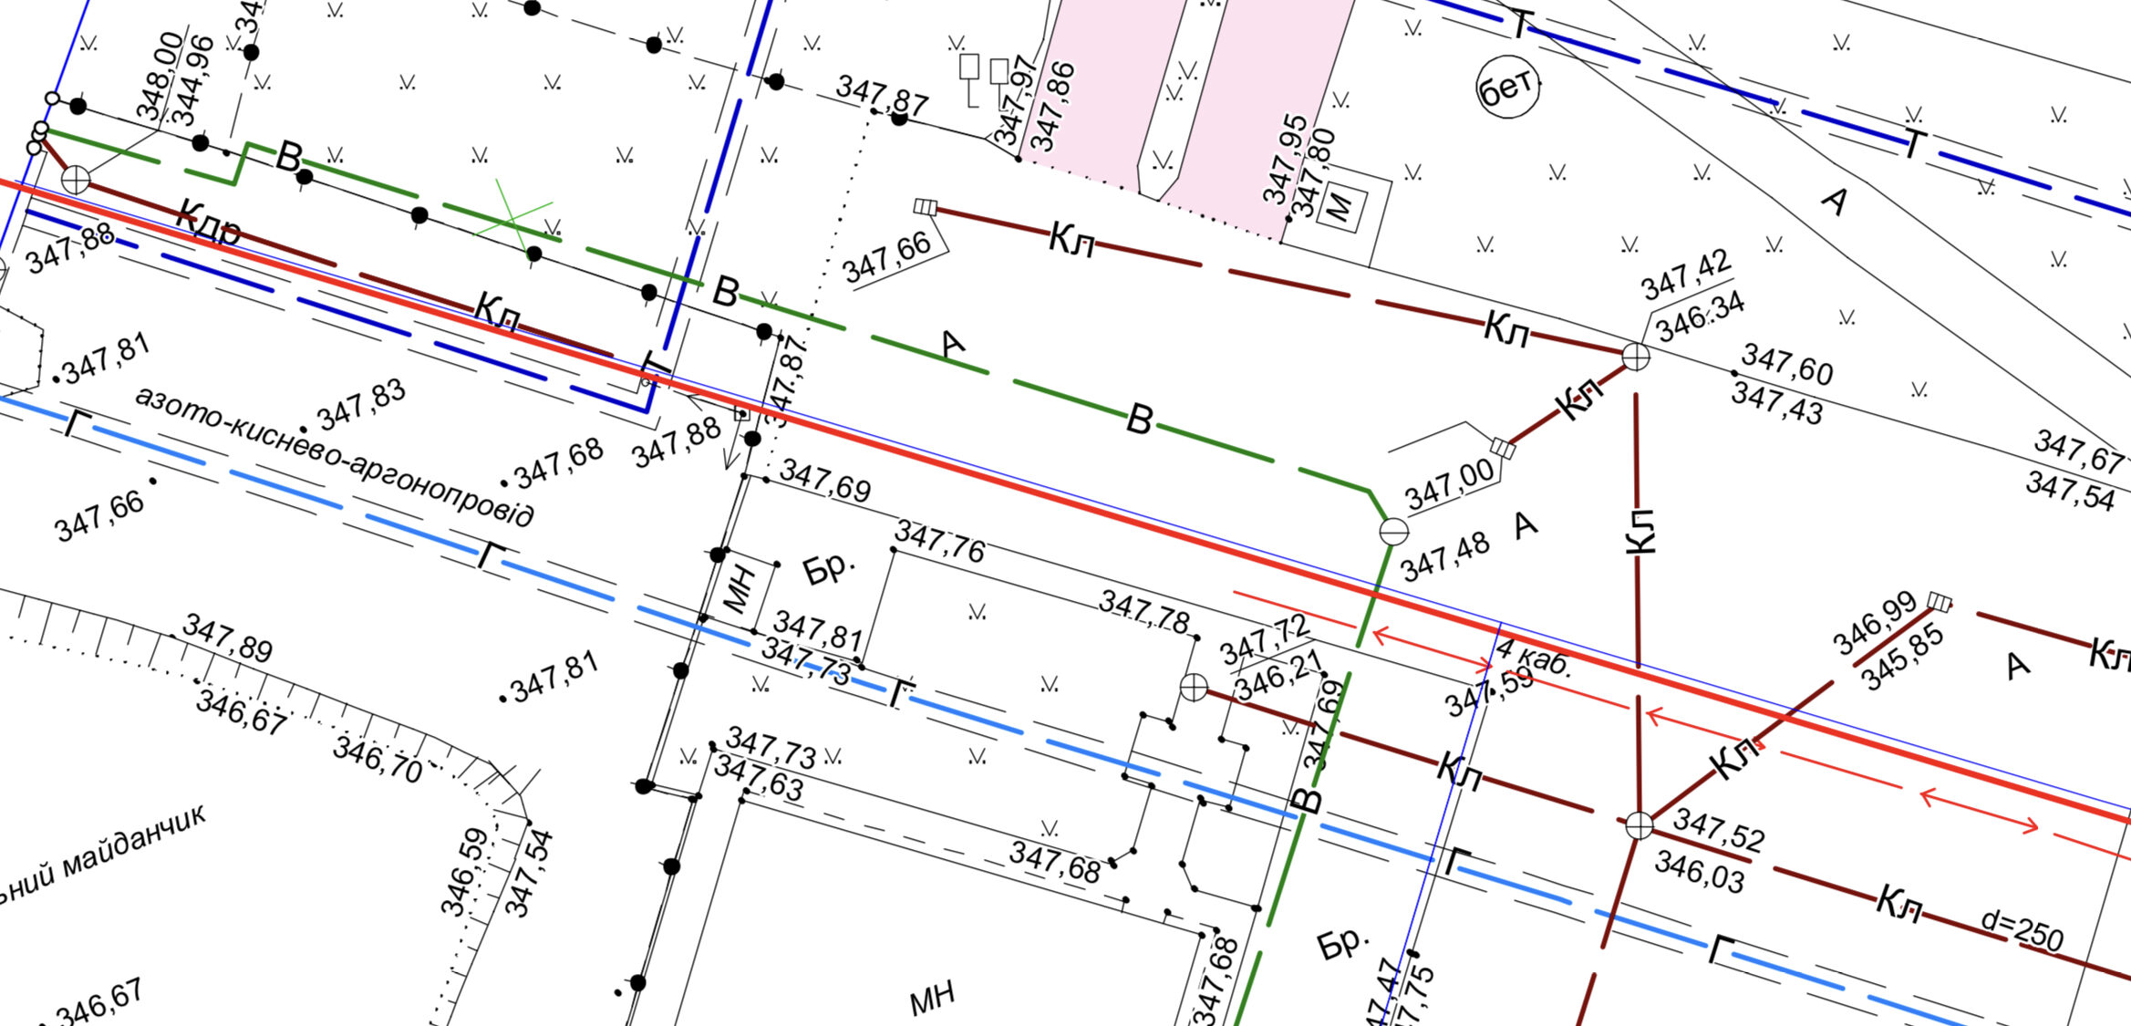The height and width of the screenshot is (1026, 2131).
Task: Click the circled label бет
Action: (x=1507, y=87)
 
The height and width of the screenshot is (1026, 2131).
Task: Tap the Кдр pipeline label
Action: (x=209, y=223)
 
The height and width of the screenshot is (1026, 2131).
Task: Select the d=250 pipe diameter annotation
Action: (x=2022, y=932)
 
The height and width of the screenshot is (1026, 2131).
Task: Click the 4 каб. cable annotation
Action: (x=1535, y=658)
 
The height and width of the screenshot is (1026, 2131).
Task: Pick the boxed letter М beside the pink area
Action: (x=1340, y=207)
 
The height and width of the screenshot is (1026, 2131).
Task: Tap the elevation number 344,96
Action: (x=192, y=81)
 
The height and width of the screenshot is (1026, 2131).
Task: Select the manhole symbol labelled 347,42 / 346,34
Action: (x=1636, y=356)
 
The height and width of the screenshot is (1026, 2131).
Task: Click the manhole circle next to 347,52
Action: (x=1640, y=825)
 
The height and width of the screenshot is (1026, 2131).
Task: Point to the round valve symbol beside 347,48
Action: (x=1393, y=531)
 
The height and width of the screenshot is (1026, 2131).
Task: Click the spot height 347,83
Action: (x=362, y=405)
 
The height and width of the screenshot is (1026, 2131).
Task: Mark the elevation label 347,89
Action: (x=227, y=637)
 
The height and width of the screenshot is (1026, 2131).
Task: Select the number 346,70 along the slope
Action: (x=378, y=761)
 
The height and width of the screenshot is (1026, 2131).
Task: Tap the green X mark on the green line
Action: (x=512, y=219)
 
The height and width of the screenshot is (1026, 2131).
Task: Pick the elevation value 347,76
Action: (x=939, y=542)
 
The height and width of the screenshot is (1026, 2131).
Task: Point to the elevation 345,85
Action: (x=1901, y=658)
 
